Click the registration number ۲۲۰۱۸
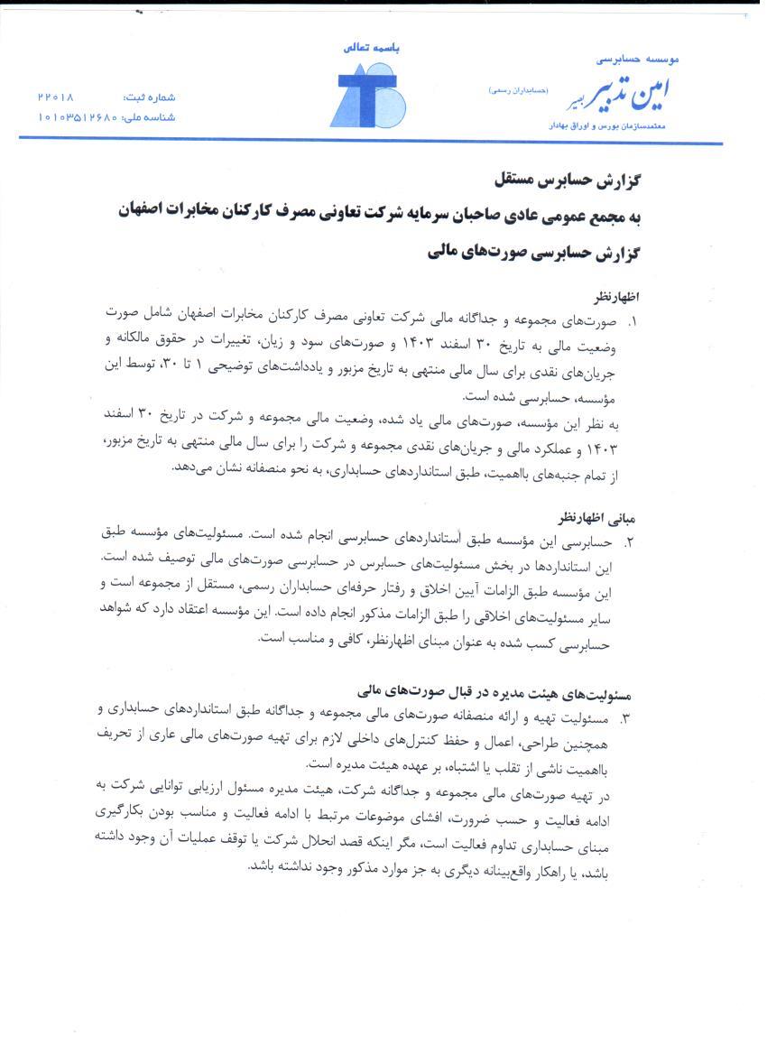click(57, 97)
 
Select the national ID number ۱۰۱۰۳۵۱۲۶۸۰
click(78, 117)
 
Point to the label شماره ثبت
click(151, 97)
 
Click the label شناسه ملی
click(150, 117)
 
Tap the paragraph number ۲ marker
click(630, 543)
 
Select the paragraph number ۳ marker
click(629, 719)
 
